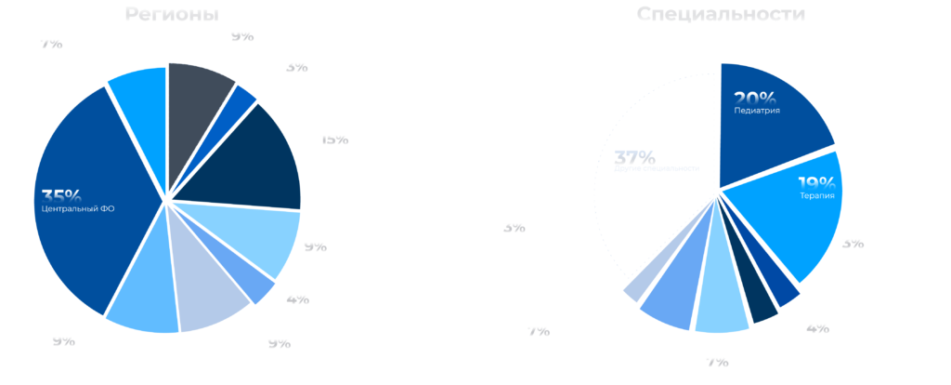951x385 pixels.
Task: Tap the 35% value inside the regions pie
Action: [62, 195]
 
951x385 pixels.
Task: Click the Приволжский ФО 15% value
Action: [333, 138]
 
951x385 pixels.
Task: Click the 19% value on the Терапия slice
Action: [815, 182]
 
